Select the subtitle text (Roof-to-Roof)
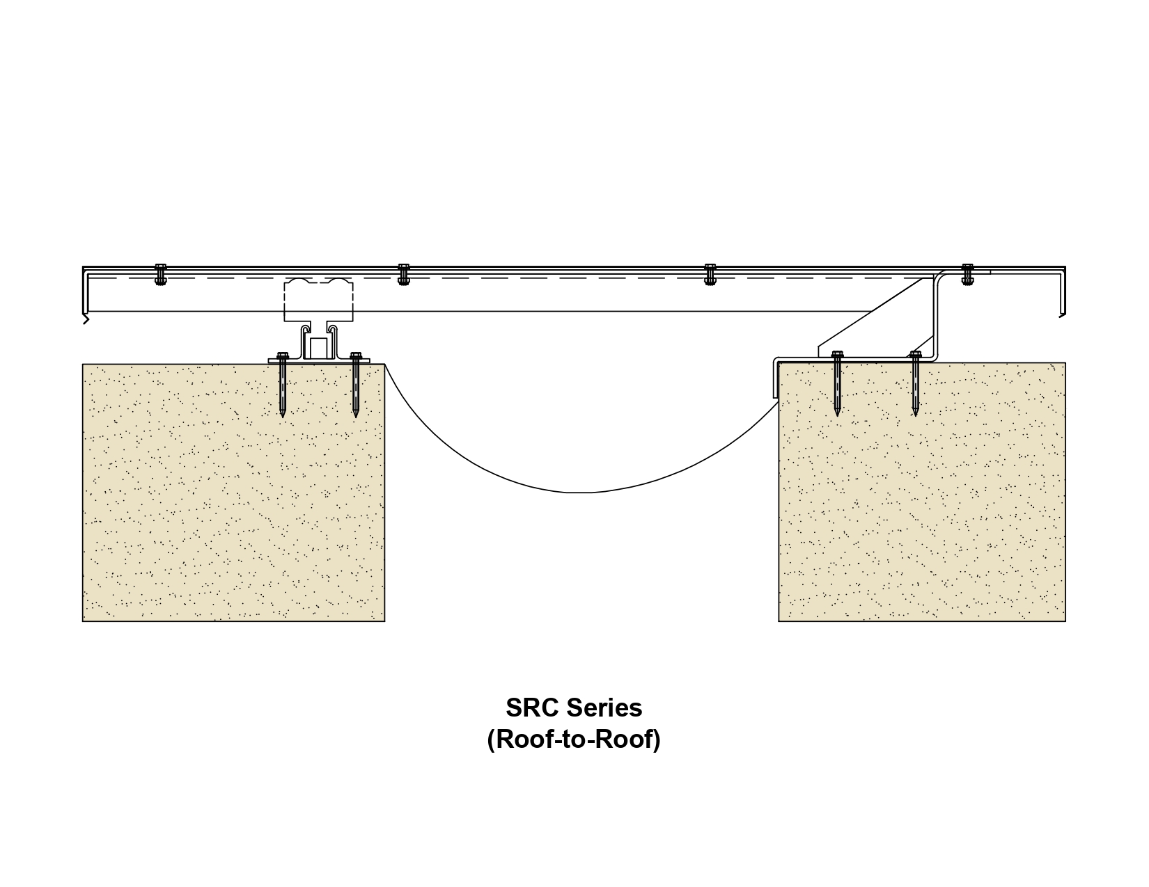tap(574, 739)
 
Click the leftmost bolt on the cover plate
tap(160, 274)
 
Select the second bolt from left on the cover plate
tap(403, 274)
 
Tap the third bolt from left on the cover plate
tap(710, 274)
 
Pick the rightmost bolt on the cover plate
tap(967, 274)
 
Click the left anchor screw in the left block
tap(282, 385)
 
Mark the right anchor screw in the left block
tap(355, 385)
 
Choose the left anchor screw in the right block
tap(837, 383)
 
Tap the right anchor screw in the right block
tap(915, 383)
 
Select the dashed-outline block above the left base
tap(318, 300)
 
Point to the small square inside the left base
tap(318, 349)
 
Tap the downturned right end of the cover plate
tap(1062, 292)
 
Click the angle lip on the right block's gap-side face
tap(776, 378)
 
